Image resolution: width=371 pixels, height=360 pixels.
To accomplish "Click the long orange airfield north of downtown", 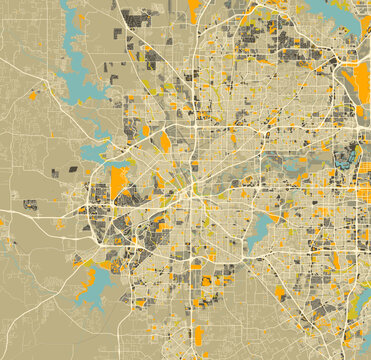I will click(166, 142).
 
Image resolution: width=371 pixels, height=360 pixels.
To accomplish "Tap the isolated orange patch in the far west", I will click(33, 96).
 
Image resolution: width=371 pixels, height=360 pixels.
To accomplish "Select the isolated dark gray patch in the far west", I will click(30, 205).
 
